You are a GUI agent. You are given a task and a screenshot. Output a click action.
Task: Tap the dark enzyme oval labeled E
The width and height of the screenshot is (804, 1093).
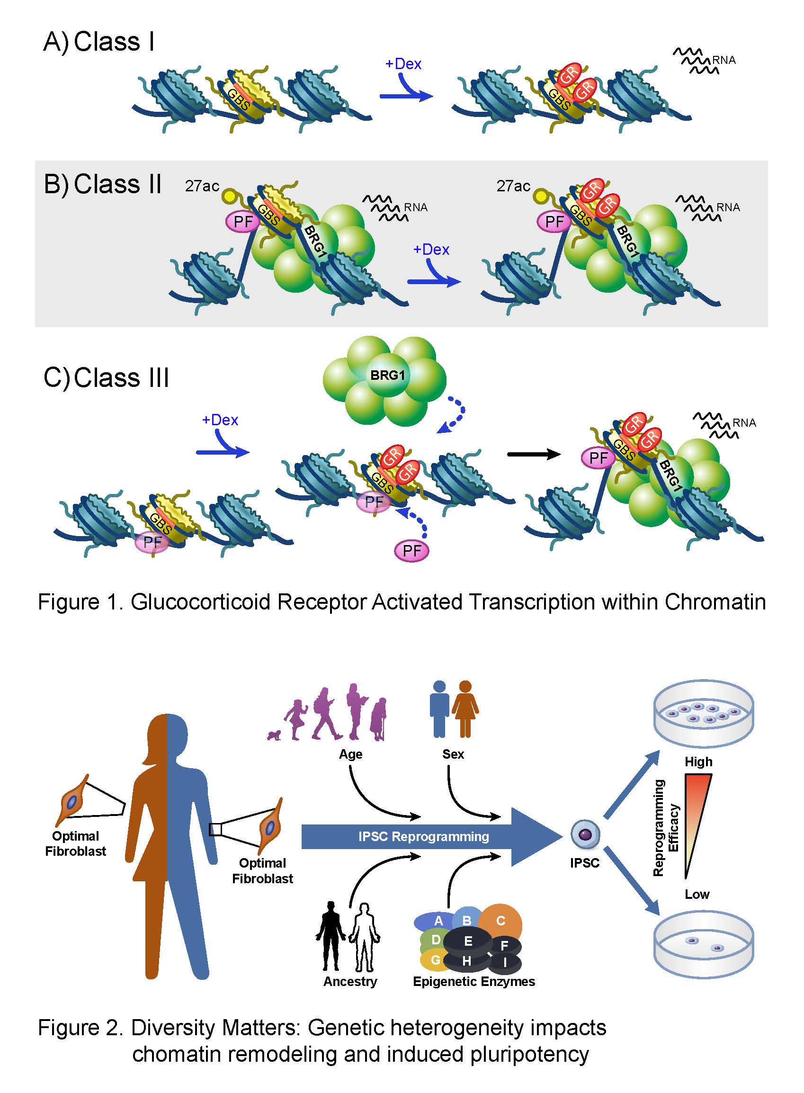468,941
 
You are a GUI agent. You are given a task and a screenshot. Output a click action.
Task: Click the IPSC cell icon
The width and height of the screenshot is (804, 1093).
585,834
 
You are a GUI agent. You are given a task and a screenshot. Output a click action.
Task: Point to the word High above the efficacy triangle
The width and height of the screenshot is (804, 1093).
698,762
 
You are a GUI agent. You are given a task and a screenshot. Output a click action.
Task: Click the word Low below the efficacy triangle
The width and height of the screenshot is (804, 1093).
697,894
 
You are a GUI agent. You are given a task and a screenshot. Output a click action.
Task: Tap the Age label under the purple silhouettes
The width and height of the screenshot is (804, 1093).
350,754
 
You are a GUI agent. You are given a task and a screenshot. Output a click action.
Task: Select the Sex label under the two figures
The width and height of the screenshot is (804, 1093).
453,754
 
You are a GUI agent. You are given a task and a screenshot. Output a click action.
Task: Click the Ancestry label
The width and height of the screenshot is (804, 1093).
350,981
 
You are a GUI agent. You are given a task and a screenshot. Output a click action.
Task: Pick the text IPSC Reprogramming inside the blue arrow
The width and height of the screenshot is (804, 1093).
423,836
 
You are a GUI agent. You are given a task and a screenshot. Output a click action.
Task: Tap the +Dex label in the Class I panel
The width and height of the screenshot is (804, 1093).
403,64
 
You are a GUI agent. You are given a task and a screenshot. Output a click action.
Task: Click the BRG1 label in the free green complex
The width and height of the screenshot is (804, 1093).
387,375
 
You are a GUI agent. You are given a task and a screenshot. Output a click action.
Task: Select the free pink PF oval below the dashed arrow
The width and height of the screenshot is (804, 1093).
412,551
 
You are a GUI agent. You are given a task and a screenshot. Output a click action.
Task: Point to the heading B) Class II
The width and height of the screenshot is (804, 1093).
102,184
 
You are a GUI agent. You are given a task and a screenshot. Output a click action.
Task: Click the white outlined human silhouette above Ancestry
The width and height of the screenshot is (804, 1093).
364,937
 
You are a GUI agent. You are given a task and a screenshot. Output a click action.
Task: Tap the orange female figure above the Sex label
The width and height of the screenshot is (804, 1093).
465,708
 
